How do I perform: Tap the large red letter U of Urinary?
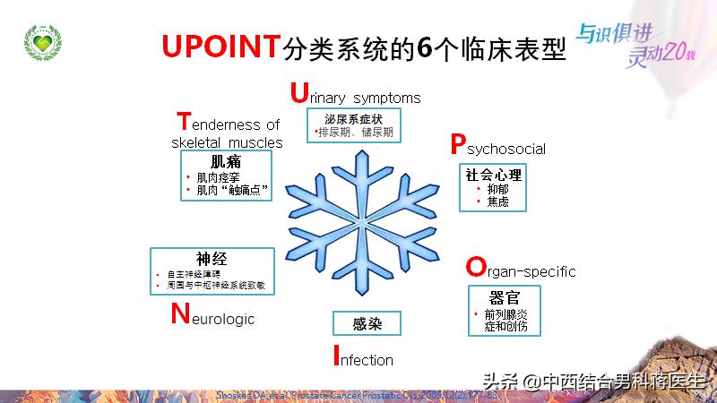[x=299, y=93]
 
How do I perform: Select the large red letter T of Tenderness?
[x=184, y=122]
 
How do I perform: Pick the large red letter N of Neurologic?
[x=179, y=314]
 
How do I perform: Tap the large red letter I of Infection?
[x=335, y=357]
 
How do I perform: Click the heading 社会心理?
[x=493, y=175]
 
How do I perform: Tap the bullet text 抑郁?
[x=498, y=190]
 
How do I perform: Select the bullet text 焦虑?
[x=498, y=202]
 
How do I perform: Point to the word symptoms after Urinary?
[x=386, y=97]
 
